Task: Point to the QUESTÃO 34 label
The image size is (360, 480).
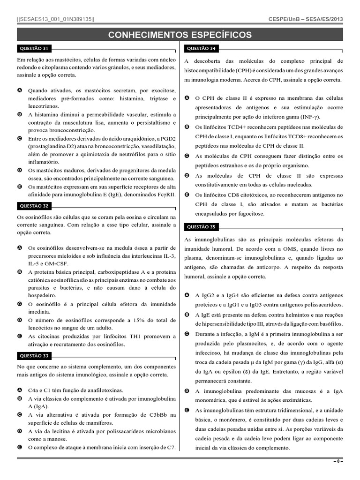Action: (x=201, y=48)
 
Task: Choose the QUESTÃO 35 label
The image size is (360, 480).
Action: (x=201, y=227)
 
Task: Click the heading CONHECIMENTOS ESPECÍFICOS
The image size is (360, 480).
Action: (x=180, y=35)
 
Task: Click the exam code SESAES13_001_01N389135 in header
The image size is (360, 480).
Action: (x=55, y=19)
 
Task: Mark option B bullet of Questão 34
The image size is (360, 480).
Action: (x=187, y=127)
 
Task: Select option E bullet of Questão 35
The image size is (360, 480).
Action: (x=187, y=410)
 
